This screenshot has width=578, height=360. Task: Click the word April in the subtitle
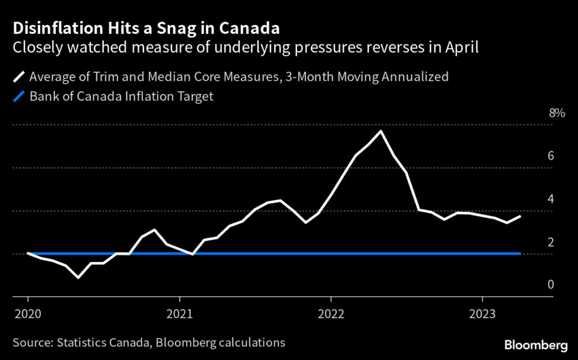point(463,47)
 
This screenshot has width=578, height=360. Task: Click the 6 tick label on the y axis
point(550,156)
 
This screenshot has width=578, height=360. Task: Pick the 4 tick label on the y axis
point(550,199)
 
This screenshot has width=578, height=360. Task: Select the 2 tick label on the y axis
point(550,243)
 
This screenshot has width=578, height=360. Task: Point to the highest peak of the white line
point(381,131)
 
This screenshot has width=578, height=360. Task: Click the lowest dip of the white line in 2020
point(78,277)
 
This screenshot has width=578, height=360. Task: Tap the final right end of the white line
point(520,216)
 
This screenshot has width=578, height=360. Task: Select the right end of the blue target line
point(520,254)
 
